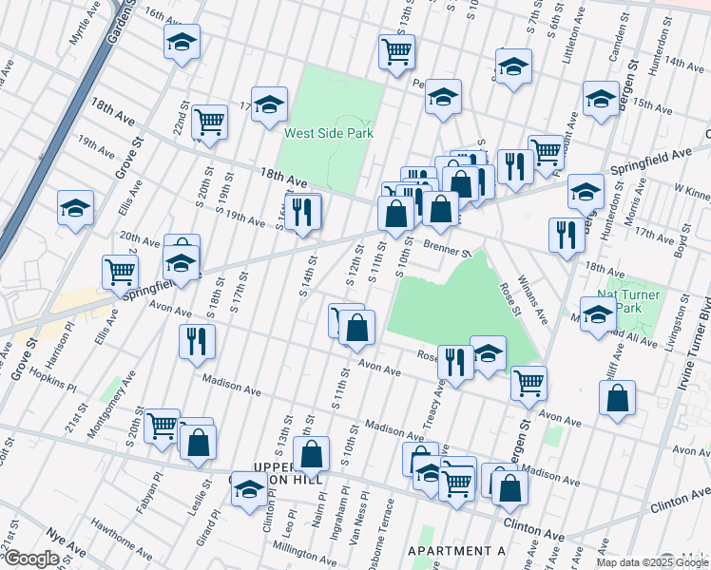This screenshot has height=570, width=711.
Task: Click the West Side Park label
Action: [328, 134]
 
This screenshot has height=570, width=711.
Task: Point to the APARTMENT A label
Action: [456, 551]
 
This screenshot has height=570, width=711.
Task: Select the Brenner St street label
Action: [448, 250]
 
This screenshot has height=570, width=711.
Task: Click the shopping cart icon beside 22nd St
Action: [209, 121]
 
